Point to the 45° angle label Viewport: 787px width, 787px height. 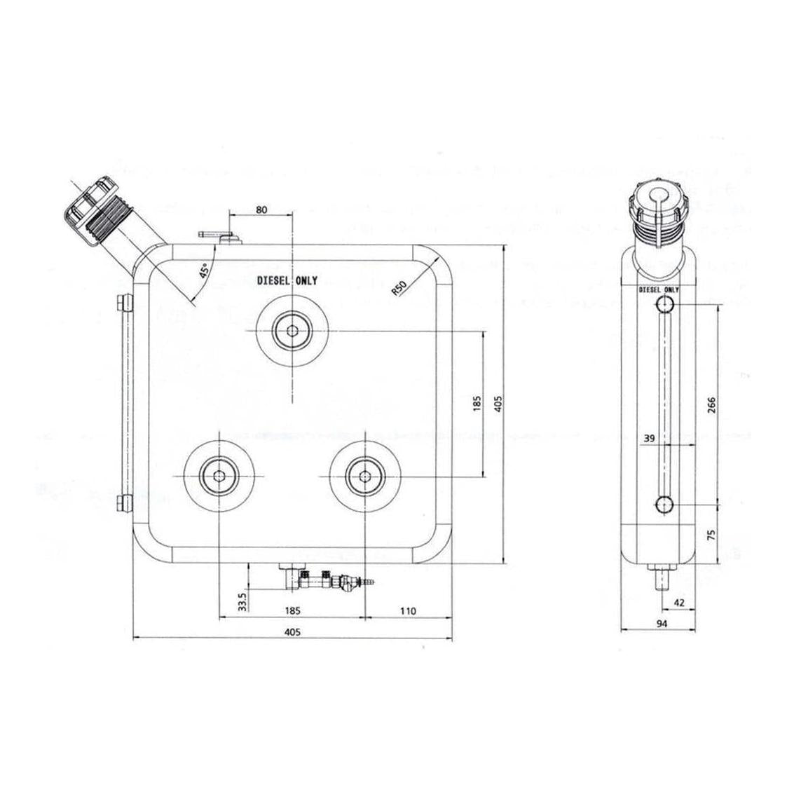203,271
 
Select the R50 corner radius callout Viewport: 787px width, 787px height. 400,288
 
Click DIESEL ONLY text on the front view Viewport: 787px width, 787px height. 287,281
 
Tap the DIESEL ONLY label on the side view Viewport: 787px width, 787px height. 659,289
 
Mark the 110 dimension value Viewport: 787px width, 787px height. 406,611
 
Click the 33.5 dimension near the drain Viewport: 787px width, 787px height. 242,602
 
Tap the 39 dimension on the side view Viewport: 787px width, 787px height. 649,438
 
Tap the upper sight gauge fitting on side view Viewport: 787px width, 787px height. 664,304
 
